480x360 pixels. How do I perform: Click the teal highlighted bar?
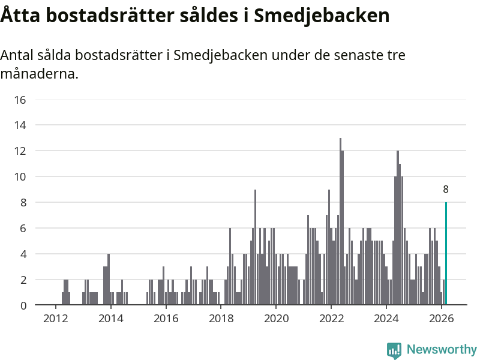(x=446, y=254)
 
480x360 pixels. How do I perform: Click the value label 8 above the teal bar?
(x=446, y=190)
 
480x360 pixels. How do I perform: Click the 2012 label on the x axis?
(x=55, y=318)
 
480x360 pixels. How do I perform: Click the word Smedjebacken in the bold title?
(x=322, y=16)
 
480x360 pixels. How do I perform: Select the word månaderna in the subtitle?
(x=39, y=74)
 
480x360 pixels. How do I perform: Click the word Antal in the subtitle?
(x=18, y=56)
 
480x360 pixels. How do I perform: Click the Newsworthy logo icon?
(x=394, y=350)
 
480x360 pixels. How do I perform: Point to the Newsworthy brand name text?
(x=442, y=349)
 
